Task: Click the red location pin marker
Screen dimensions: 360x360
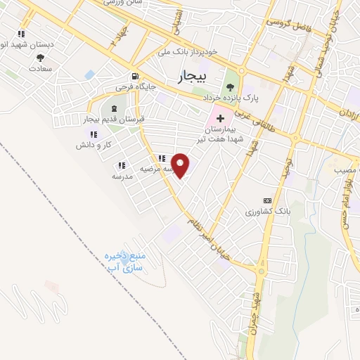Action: [181, 165]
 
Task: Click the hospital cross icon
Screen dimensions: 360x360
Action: [221, 118]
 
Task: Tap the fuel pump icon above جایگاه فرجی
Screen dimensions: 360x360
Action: [134, 77]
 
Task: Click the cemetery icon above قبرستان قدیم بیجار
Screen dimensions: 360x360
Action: [114, 108]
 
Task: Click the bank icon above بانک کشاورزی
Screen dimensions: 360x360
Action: [266, 200]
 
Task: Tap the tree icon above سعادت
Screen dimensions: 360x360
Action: [40, 58]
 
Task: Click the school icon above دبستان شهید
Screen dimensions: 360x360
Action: [22, 33]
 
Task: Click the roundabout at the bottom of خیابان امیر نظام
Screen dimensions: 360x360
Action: [262, 271]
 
